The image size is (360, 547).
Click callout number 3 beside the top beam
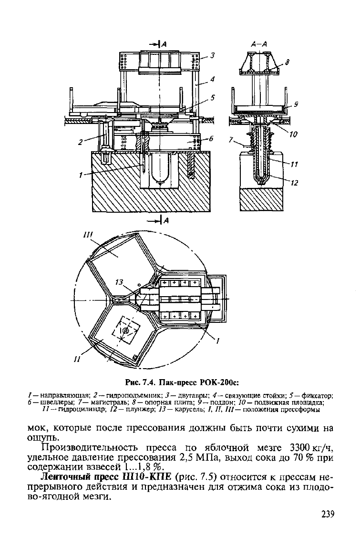point(213,55)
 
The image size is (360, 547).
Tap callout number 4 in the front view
point(213,80)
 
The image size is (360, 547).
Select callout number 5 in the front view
point(213,98)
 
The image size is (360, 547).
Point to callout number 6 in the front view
point(211,138)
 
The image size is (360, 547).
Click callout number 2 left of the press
point(81,142)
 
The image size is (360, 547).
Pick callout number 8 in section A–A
point(287,62)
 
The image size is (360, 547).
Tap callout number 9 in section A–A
point(296,103)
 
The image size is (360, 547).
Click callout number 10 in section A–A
point(293,134)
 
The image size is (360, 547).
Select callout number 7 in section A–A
point(231,140)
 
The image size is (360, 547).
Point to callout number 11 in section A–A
point(294,165)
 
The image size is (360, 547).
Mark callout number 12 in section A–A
point(295,183)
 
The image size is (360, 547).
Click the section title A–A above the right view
point(259,44)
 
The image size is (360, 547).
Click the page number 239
point(328,514)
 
